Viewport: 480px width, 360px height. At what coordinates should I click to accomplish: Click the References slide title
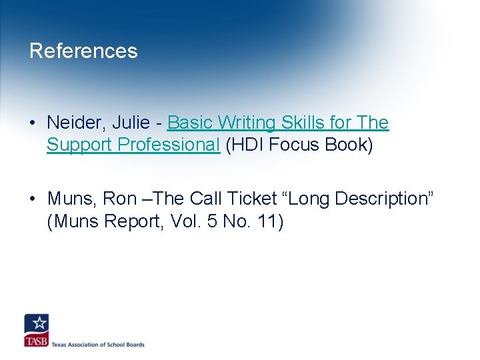coord(83,51)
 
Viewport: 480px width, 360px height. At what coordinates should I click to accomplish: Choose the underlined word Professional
coord(170,145)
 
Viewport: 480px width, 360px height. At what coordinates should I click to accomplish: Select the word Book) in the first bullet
coord(349,145)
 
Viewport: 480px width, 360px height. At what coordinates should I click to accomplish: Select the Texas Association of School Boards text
coord(98,345)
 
